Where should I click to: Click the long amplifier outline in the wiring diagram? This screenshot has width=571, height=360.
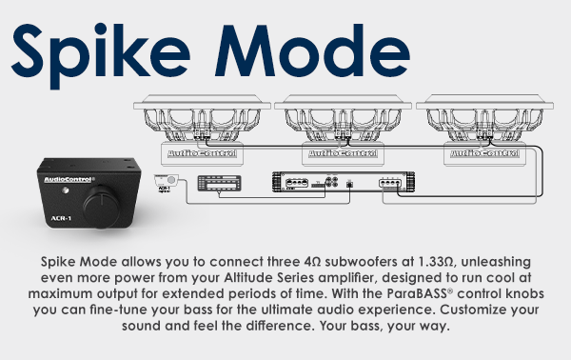pos(325,184)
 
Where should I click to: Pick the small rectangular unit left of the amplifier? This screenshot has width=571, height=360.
pos(219,185)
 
